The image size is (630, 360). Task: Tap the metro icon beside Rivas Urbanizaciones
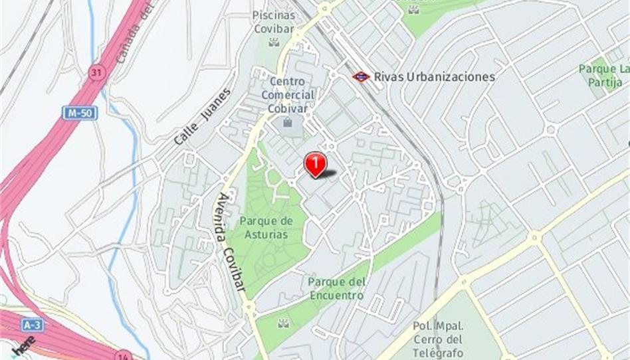[x=361, y=76]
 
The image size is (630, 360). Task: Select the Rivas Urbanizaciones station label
[x=434, y=76]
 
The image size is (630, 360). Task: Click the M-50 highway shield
[x=80, y=113]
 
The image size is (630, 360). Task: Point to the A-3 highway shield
[x=31, y=325]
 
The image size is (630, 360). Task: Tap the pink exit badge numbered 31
[x=96, y=72]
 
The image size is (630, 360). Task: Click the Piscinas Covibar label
[x=273, y=21]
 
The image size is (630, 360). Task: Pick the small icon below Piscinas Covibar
[x=274, y=42]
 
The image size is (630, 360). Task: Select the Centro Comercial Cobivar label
[x=288, y=94]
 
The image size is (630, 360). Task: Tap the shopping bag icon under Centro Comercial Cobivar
[x=288, y=122]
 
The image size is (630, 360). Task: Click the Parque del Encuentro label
[x=336, y=288]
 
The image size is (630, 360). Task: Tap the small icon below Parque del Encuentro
[x=284, y=323]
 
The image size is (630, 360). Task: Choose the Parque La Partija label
[x=603, y=74]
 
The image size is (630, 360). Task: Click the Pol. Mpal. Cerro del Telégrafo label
[x=438, y=339]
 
